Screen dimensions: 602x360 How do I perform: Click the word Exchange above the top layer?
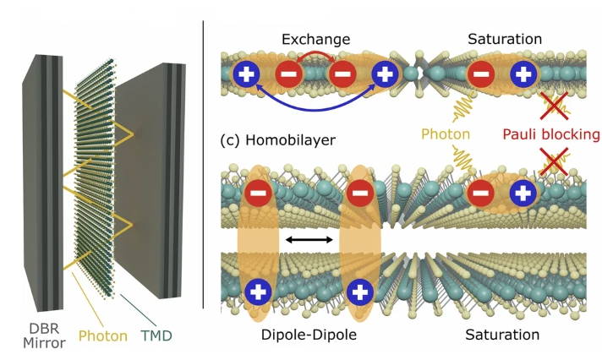315,39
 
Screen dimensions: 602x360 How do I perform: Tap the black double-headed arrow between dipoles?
309,240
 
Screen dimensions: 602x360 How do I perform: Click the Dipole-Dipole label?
309,335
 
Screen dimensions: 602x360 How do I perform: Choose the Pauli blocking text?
551,134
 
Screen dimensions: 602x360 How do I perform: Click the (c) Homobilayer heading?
277,140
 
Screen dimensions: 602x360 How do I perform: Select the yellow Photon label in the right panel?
446,134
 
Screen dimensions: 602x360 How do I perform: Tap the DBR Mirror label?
44,335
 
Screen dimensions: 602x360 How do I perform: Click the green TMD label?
156,335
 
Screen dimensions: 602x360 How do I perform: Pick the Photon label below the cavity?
103,335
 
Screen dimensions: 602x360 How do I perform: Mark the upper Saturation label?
505,39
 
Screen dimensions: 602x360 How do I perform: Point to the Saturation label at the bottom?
502,335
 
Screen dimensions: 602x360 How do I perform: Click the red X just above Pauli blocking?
554,106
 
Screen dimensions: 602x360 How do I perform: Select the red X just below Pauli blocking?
554,161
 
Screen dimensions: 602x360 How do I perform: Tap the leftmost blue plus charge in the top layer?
246,74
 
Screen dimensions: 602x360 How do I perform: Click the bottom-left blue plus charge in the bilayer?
258,292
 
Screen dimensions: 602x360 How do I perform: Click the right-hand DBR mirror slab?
150,180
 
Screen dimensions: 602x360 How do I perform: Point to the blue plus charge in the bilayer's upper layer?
523,193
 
